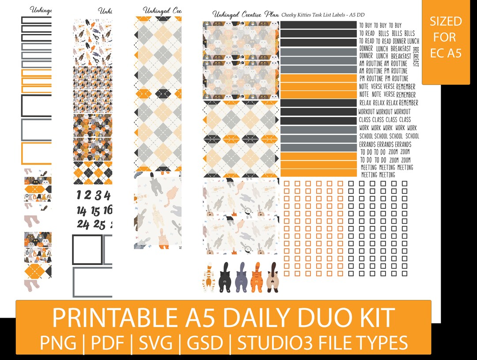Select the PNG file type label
click(x=58, y=342)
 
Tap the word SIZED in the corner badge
click(x=446, y=21)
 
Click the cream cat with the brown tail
click(x=272, y=278)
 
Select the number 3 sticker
click(x=98, y=195)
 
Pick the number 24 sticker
click(x=83, y=224)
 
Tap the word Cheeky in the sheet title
click(x=291, y=15)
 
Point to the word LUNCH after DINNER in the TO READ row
click(x=411, y=41)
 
